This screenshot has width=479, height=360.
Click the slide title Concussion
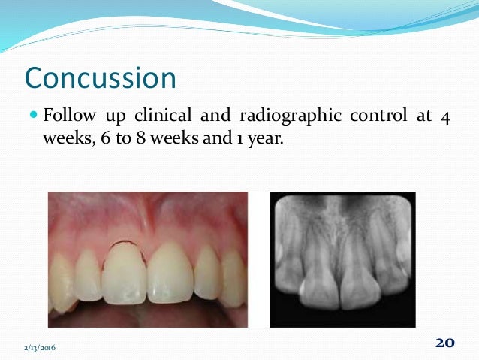click(x=101, y=77)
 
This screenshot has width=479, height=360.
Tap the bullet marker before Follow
click(x=32, y=116)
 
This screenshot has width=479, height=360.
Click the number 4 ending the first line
click(x=445, y=117)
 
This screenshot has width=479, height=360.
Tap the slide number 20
click(x=444, y=343)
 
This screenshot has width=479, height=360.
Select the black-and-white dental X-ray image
click(x=342, y=259)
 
